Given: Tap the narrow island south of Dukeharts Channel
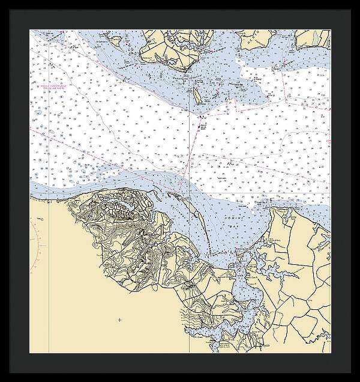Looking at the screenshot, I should [196, 94].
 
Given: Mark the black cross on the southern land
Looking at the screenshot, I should [120, 320].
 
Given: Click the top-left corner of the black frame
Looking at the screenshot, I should [2, 2].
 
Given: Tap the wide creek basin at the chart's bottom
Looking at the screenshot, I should [240, 312].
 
